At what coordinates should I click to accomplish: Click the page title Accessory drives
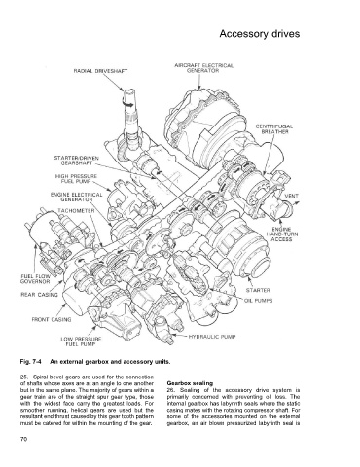click(260, 34)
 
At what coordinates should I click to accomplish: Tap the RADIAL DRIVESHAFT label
click(100, 71)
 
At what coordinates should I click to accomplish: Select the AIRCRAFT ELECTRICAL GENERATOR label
click(203, 68)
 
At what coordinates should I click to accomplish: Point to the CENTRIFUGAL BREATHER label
click(274, 129)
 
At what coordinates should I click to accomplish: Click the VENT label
click(291, 196)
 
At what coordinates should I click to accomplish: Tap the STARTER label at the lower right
click(258, 290)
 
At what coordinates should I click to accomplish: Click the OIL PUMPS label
click(258, 301)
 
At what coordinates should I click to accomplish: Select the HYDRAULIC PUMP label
click(212, 337)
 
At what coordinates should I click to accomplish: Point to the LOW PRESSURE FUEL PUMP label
click(81, 341)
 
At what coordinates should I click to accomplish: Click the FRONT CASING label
click(52, 320)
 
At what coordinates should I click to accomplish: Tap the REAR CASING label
click(39, 295)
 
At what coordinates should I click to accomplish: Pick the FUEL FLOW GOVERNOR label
click(35, 279)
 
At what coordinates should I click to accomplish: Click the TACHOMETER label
click(76, 211)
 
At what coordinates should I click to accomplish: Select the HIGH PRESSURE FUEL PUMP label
click(76, 179)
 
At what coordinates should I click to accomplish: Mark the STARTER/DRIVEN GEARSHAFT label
click(76, 161)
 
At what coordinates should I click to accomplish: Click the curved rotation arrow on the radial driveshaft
click(128, 103)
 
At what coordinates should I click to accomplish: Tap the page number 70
click(23, 439)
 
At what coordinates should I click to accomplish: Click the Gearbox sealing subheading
click(190, 383)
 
